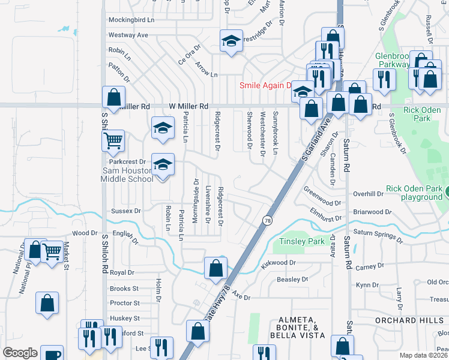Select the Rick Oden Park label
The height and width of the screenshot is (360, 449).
[x=425, y=114]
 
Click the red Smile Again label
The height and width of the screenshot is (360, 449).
[x=265, y=85]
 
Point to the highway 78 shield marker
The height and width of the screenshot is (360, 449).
[x=266, y=221]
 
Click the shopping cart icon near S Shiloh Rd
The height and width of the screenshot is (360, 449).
[x=112, y=141]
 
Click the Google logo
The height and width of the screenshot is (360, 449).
[x=20, y=353]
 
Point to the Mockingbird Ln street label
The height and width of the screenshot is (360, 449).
[x=131, y=20]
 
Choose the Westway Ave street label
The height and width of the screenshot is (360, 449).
[x=128, y=35]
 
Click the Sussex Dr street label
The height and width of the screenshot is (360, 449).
[x=125, y=211]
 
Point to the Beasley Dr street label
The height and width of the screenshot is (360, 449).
[x=293, y=280]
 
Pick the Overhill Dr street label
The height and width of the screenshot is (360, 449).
[x=368, y=194]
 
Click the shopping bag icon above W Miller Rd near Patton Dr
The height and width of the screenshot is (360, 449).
[x=113, y=97]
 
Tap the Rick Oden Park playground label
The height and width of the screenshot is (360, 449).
[x=414, y=193]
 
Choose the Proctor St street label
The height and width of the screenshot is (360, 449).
[x=125, y=304]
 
